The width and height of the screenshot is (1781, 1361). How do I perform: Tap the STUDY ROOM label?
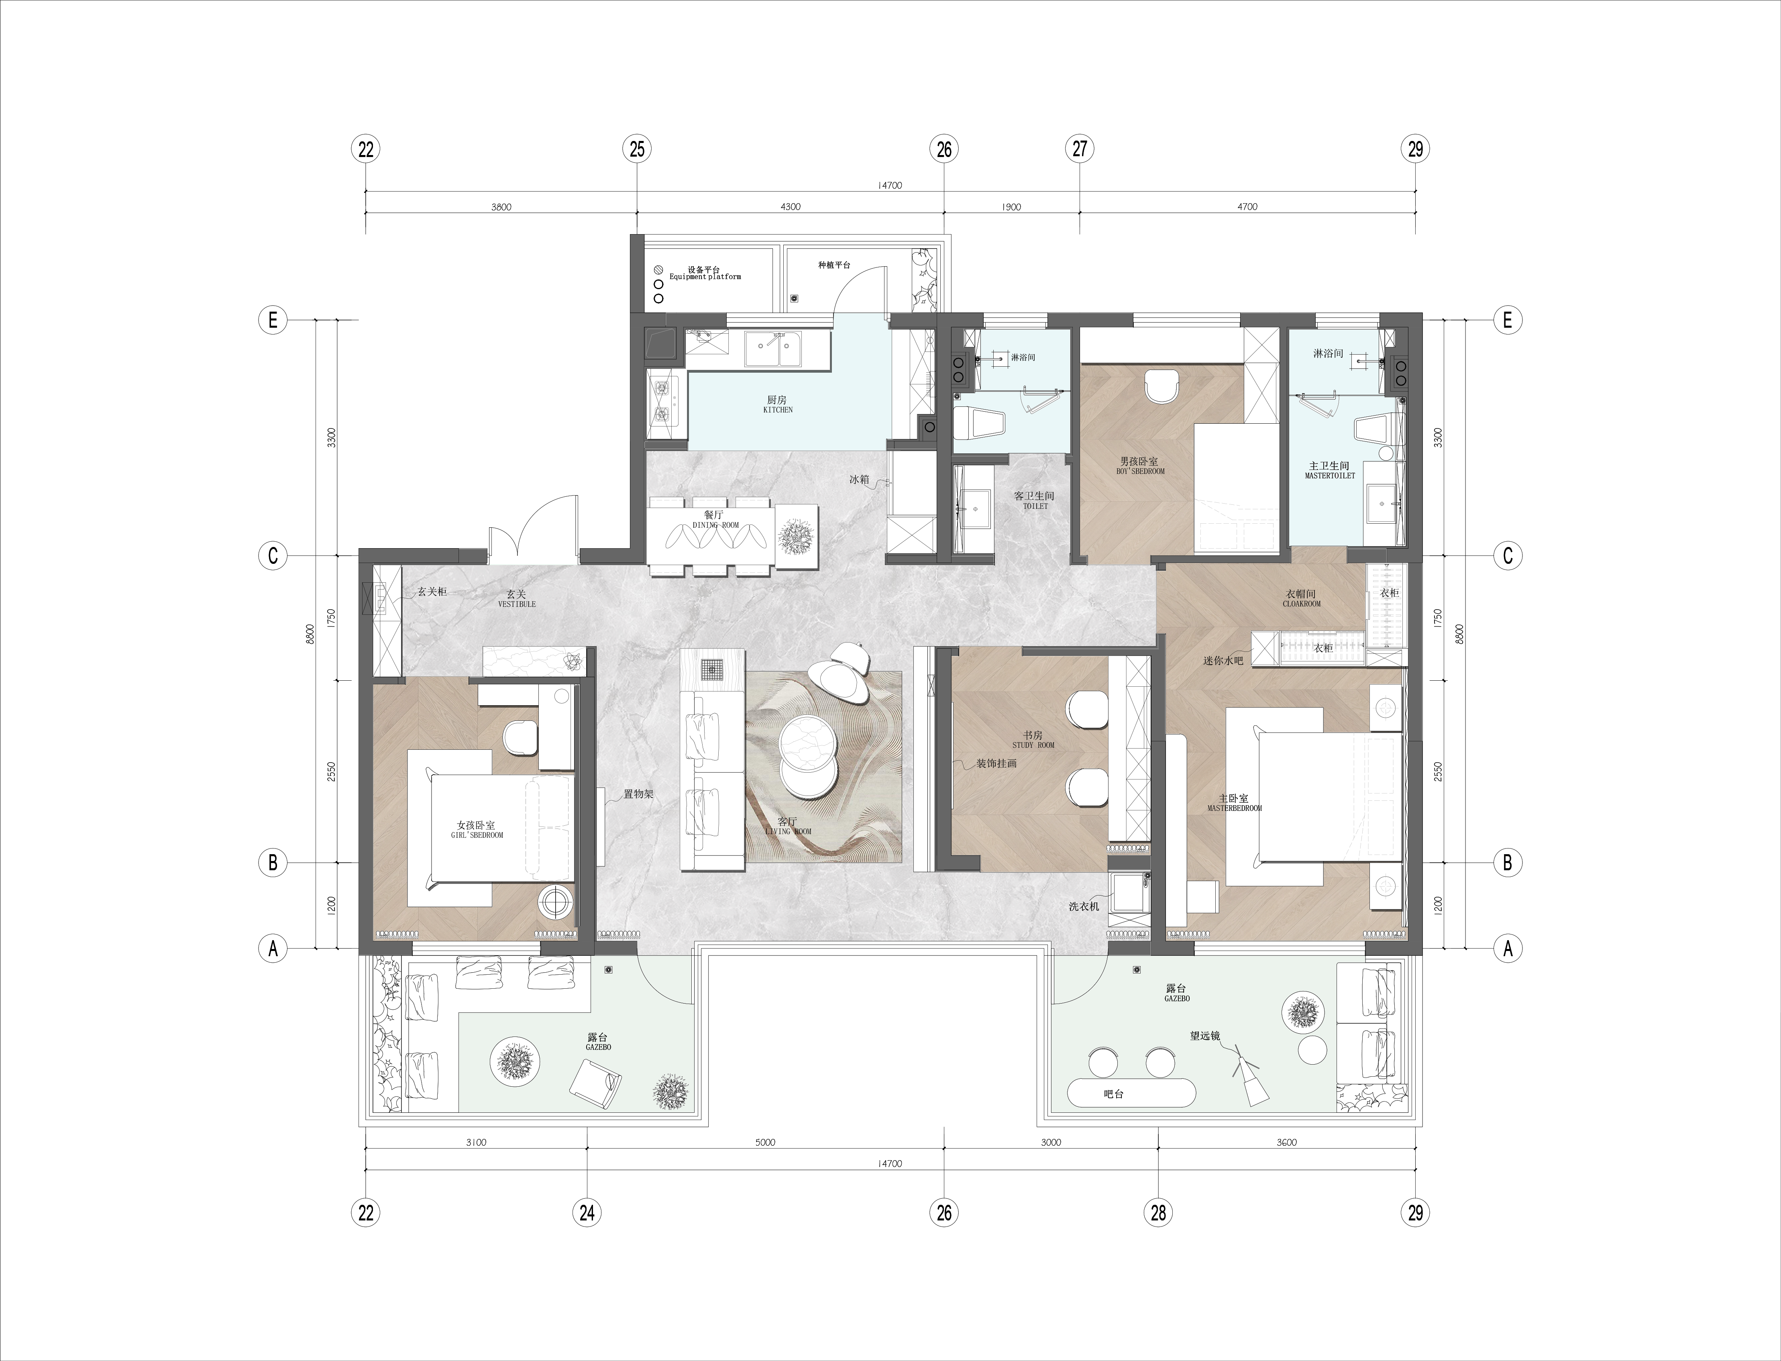click(x=1033, y=745)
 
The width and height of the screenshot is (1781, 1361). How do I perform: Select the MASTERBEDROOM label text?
click(x=1234, y=808)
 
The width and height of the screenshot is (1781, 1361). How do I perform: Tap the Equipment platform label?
click(x=705, y=277)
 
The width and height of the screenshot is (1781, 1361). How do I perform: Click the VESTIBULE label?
click(x=517, y=604)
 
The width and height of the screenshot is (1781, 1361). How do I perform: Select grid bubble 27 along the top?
click(x=1080, y=149)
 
